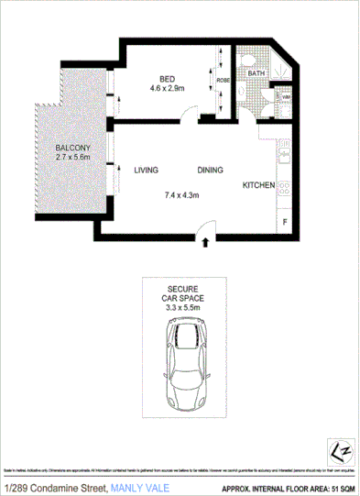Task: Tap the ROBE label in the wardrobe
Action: pyautogui.click(x=224, y=81)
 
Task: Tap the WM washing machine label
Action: pyautogui.click(x=285, y=96)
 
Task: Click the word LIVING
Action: pyautogui.click(x=147, y=171)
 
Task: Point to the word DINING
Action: pyautogui.click(x=212, y=171)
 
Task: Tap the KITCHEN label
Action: pyautogui.click(x=258, y=185)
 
